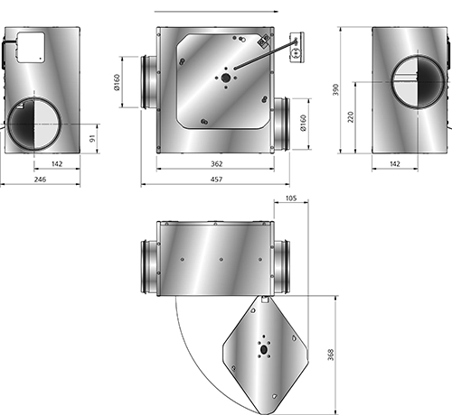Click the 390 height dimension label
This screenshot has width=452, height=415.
click(335, 89)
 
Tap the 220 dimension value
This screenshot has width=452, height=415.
click(351, 116)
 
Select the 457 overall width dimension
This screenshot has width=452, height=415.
click(216, 180)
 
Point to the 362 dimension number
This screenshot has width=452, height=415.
click(216, 163)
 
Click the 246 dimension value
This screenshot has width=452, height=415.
click(40, 180)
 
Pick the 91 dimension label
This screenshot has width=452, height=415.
click(92, 138)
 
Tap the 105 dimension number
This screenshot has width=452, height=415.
click(291, 198)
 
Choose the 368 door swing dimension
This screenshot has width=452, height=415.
click(331, 355)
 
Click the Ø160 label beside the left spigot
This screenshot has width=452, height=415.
click(117, 82)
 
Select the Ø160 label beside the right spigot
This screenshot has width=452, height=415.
click(303, 123)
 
